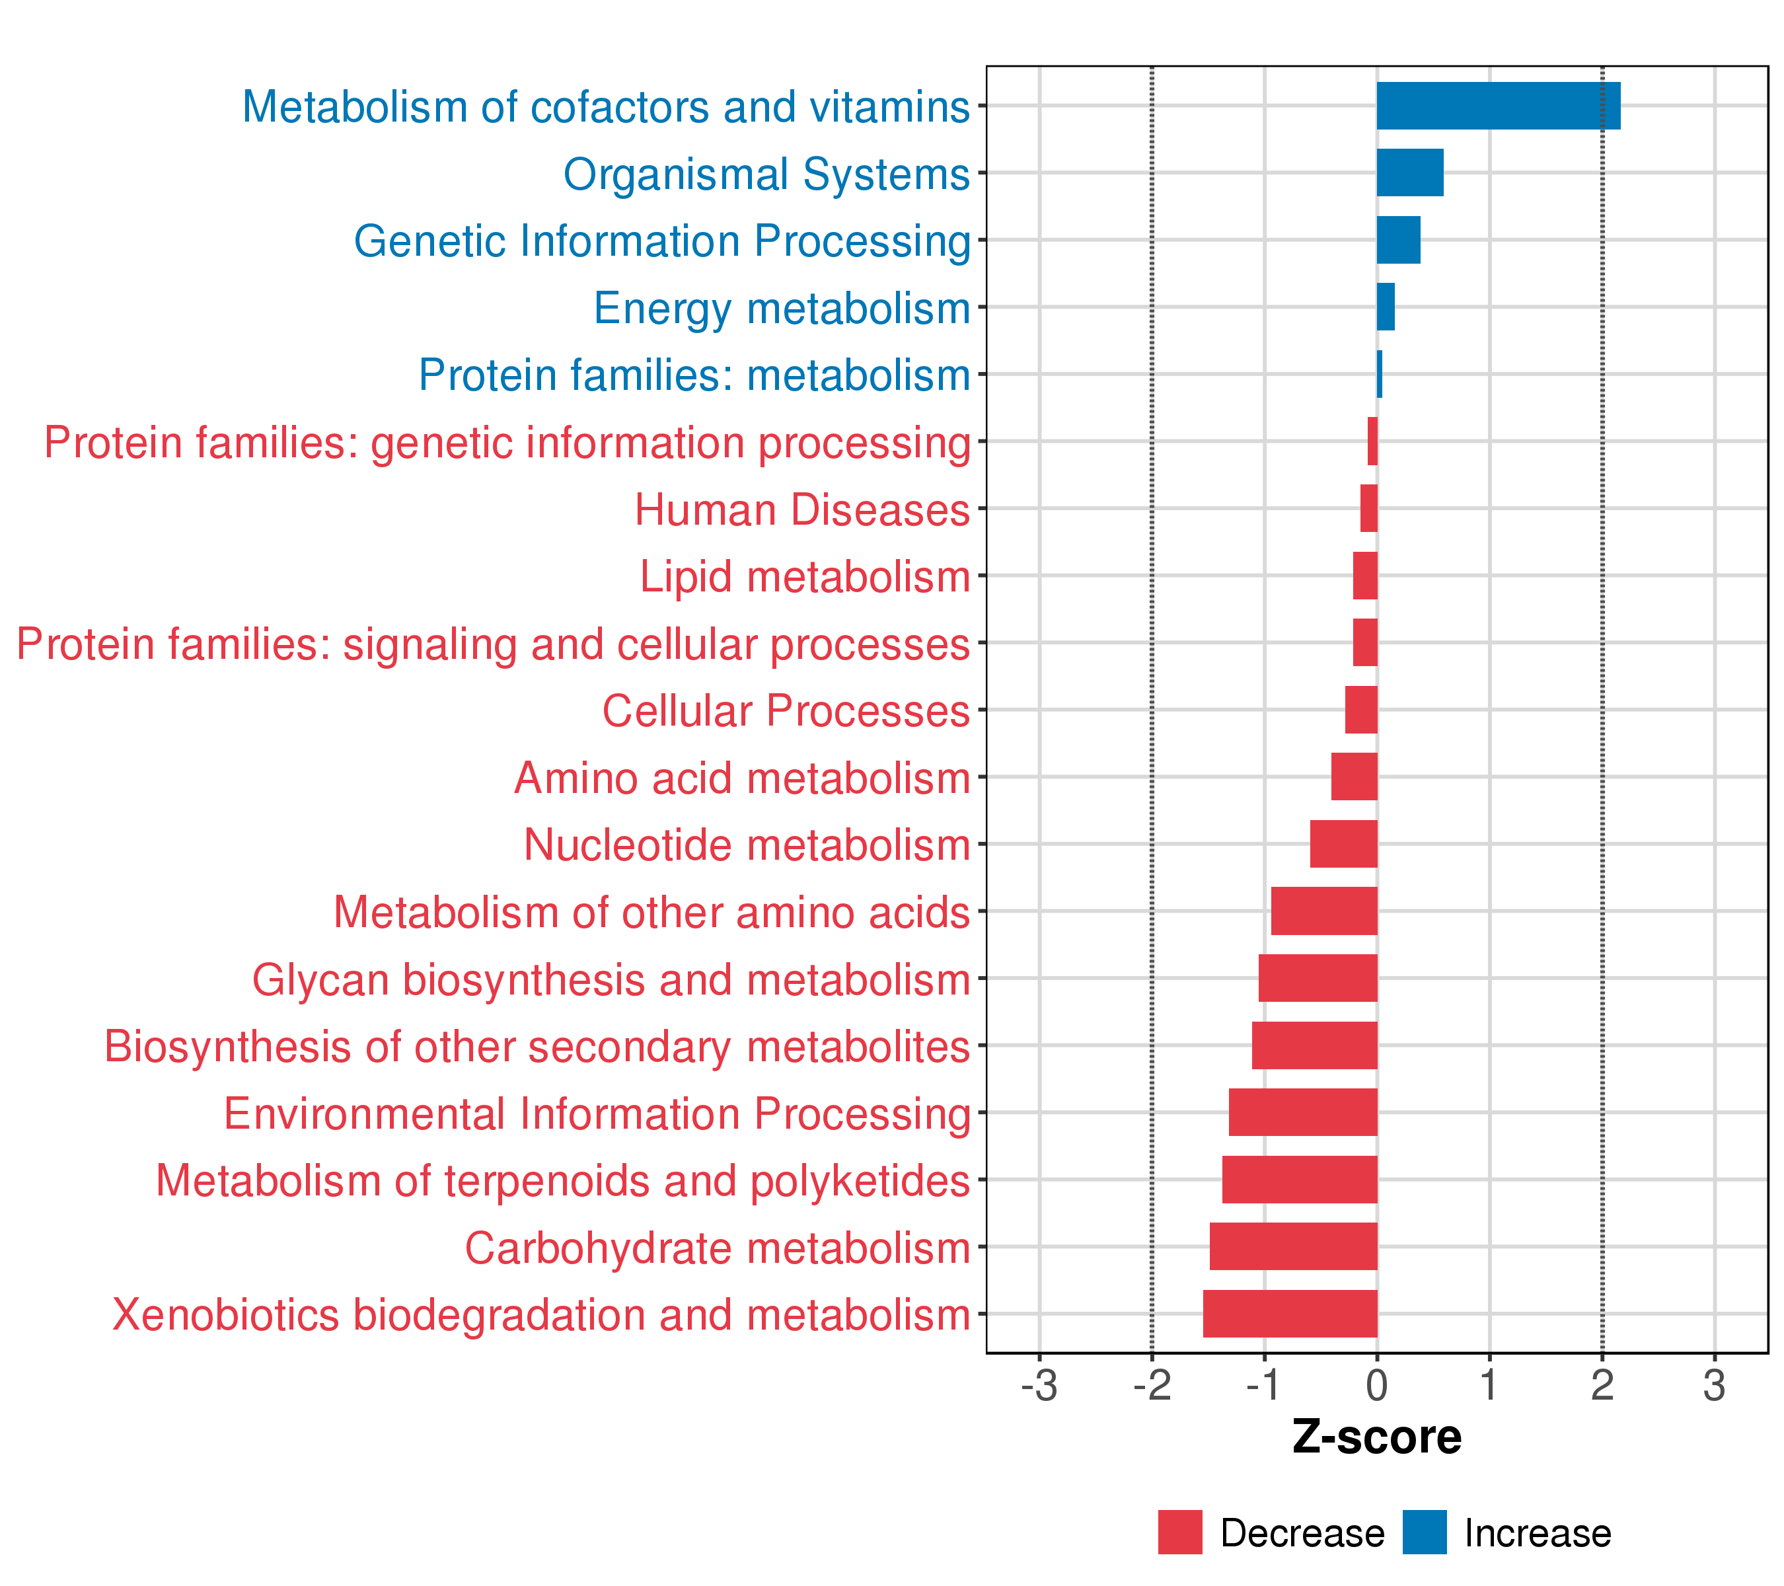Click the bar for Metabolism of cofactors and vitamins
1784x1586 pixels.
[1498, 106]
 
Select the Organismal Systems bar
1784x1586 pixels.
[1411, 173]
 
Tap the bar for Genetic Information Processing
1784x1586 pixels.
[1398, 240]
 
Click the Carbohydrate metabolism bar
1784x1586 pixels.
[1294, 1246]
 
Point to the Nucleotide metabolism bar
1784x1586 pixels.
[1344, 844]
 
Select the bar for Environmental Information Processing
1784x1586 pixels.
[1303, 1112]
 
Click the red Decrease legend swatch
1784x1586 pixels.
[1180, 1532]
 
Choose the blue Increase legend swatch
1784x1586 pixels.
[1425, 1532]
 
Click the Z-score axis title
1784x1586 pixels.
[1377, 1437]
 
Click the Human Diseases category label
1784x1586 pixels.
[802, 510]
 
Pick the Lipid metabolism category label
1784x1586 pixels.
[805, 577]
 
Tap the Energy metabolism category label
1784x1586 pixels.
[782, 308]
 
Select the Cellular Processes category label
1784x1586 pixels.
[786, 710]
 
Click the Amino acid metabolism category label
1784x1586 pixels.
[743, 778]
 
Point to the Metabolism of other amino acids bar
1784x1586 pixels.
[1324, 911]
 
